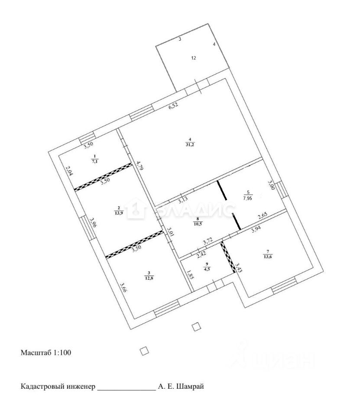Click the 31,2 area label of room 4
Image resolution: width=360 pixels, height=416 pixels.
[190, 145]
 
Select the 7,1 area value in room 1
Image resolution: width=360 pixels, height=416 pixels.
[94, 161]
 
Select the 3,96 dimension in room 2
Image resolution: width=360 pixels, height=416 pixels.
[92, 222]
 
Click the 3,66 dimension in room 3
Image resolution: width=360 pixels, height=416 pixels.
[123, 289]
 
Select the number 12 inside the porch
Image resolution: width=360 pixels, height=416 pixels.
[194, 58]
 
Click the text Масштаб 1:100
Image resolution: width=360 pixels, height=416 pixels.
[46, 353]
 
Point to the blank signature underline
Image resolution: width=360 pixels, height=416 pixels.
[126, 390]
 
